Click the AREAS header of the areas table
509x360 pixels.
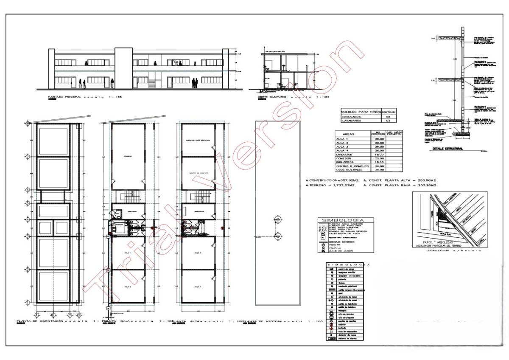(348, 134)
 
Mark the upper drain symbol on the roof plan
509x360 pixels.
(278, 218)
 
